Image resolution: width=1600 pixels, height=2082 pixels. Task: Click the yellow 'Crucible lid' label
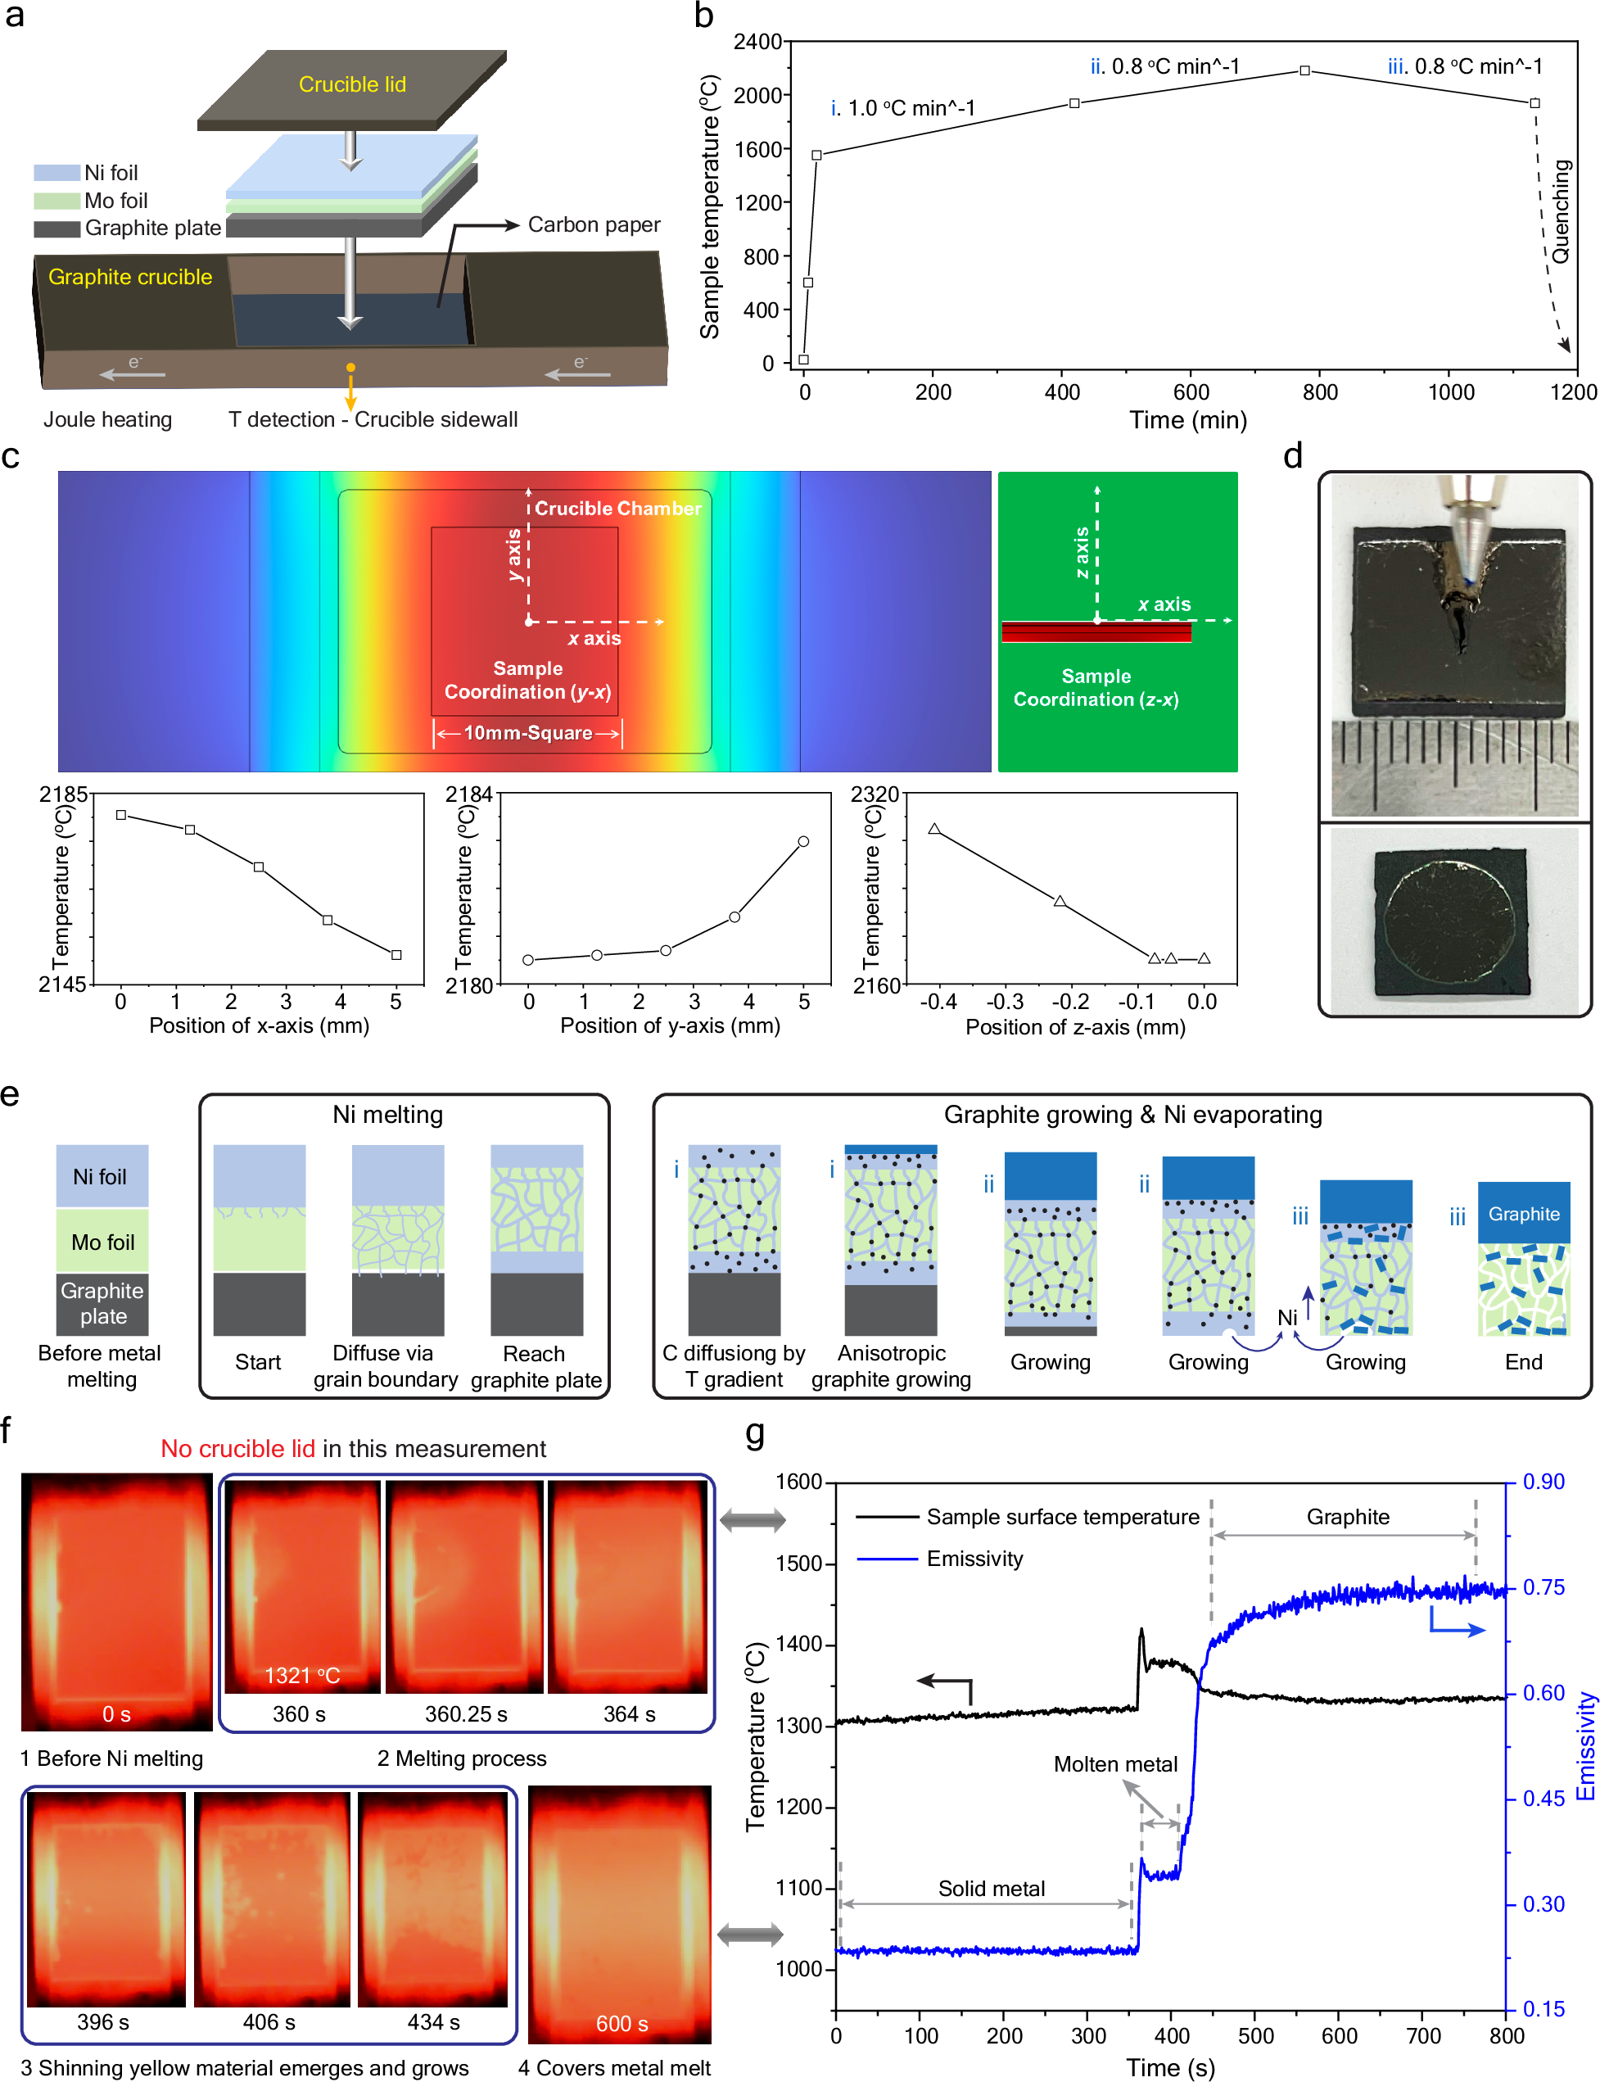(351, 84)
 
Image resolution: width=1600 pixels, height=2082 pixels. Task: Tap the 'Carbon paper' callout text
(594, 224)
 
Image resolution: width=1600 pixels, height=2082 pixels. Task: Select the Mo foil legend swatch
(56, 201)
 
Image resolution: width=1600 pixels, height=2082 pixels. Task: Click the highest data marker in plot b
(1304, 70)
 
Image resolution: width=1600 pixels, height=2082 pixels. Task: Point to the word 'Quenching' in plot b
(1560, 211)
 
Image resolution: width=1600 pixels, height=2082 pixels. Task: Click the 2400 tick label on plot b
(757, 42)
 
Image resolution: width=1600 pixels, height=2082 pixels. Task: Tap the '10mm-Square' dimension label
(527, 732)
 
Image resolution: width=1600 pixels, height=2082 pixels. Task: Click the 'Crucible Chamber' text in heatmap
(617, 509)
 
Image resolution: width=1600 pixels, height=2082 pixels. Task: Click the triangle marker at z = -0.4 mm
(934, 830)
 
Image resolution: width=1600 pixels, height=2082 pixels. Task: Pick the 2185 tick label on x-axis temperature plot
(63, 794)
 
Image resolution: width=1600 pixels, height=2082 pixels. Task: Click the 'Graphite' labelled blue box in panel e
(1523, 1213)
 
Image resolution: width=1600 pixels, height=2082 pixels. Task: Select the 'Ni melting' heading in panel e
(387, 1115)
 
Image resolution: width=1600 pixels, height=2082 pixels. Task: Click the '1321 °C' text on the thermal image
(302, 1675)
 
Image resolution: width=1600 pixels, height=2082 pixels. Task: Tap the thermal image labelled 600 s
(619, 1914)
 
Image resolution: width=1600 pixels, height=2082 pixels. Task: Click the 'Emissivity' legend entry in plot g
(974, 1559)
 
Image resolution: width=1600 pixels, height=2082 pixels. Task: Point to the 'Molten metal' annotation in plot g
(1114, 1764)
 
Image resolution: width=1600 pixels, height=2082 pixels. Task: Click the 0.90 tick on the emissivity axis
(1543, 1482)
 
